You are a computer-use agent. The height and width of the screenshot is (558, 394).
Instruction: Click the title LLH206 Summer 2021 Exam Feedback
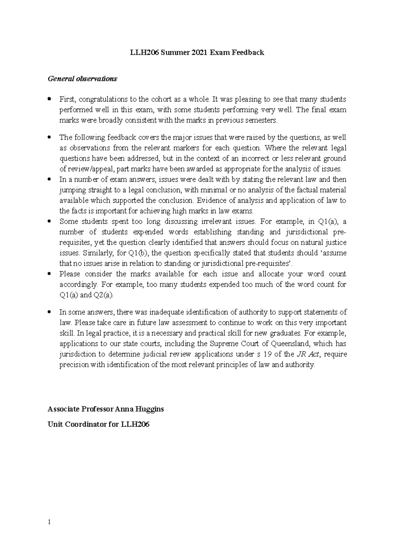point(197,53)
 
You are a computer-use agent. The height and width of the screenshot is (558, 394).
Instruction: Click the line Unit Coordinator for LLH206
point(98,424)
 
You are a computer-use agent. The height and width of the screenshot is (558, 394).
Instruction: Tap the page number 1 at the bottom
point(49,522)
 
